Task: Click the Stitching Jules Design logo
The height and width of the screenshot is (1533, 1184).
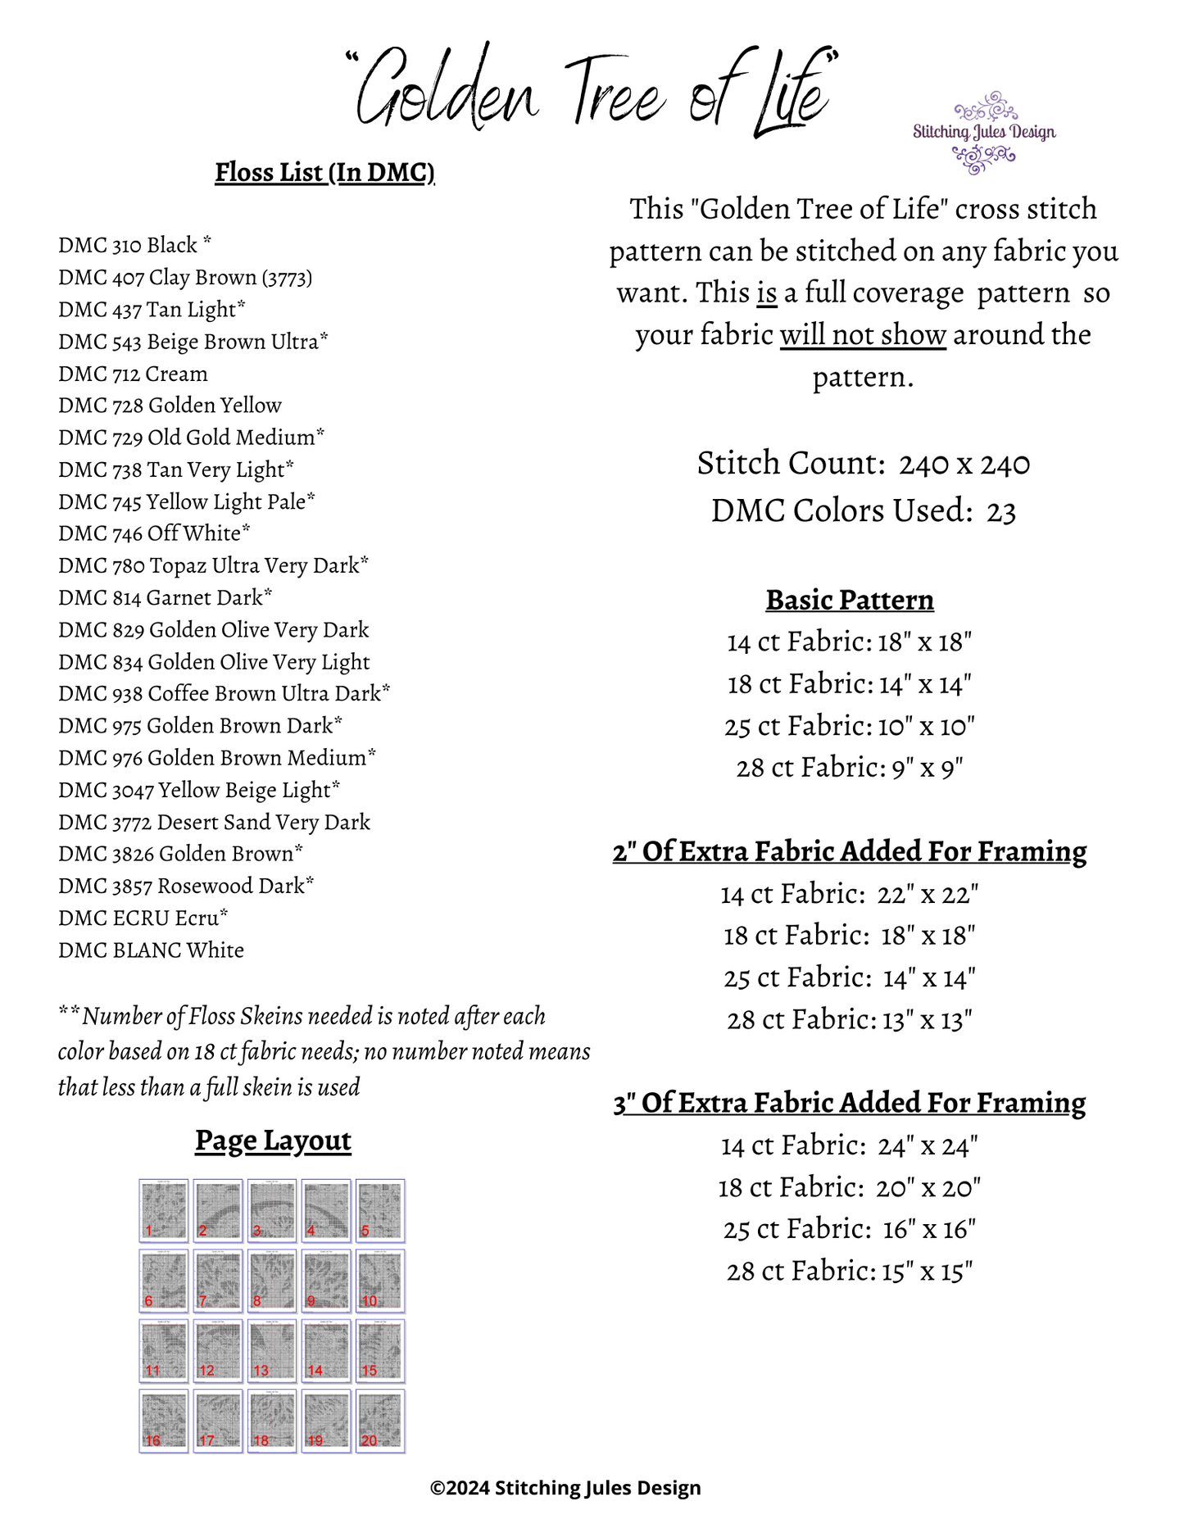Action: (984, 133)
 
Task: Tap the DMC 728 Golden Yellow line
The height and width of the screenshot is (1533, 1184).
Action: (170, 406)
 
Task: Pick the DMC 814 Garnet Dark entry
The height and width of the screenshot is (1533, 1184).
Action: (165, 598)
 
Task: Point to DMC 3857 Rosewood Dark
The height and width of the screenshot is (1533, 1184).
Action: (185, 887)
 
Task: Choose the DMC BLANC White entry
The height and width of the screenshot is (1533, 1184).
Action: (151, 950)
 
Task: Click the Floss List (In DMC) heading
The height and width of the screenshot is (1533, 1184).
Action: (324, 173)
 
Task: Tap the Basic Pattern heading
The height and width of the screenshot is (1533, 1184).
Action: (850, 601)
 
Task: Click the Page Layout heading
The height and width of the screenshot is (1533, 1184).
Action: (273, 1141)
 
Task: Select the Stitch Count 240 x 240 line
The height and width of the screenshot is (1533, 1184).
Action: (863, 465)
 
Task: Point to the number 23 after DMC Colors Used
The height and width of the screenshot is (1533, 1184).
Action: (1000, 512)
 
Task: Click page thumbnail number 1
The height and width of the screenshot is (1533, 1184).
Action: (164, 1211)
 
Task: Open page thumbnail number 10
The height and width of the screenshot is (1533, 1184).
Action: (380, 1281)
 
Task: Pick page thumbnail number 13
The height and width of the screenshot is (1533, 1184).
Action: (272, 1350)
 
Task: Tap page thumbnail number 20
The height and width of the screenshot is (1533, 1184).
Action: (380, 1421)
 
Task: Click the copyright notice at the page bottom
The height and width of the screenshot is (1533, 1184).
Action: (565, 1488)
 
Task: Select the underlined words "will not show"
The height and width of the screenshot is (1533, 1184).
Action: (863, 335)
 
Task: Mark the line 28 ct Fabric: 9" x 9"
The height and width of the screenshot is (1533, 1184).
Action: (849, 769)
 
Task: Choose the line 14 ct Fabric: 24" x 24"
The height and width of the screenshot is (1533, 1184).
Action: (849, 1145)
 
